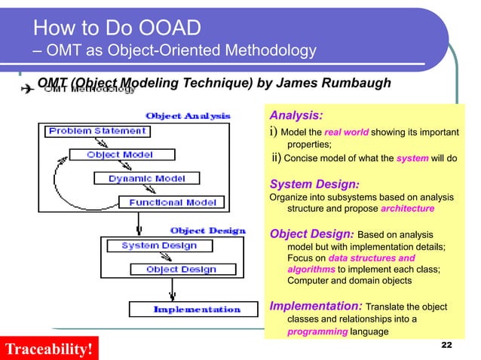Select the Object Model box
coord(120,155)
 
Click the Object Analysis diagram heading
coord(188,115)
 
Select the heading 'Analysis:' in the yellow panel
coord(296,116)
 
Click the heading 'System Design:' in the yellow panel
coord(314,184)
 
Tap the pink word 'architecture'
coord(408,208)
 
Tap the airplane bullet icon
coord(26,88)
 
